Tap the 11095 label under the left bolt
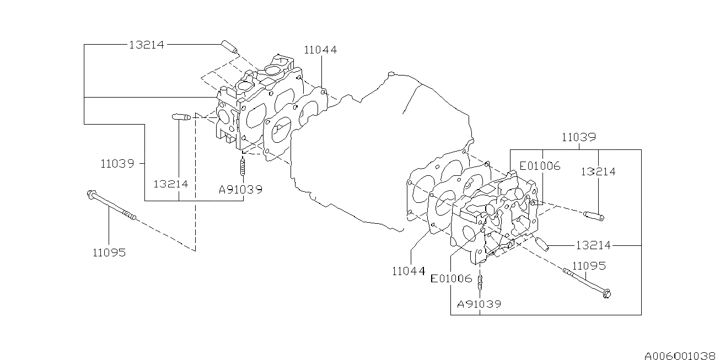109,252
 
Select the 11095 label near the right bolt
589,266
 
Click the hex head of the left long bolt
90,194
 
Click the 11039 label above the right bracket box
578,137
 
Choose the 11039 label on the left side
117,163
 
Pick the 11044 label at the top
320,50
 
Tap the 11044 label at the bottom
409,271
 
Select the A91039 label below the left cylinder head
240,189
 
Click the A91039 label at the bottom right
479,304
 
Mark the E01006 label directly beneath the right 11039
540,166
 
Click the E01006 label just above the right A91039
452,278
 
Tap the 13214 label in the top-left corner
147,45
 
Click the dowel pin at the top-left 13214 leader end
229,47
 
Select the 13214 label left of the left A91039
170,184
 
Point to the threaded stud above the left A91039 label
241,165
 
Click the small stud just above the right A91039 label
480,283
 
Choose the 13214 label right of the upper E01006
598,171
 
